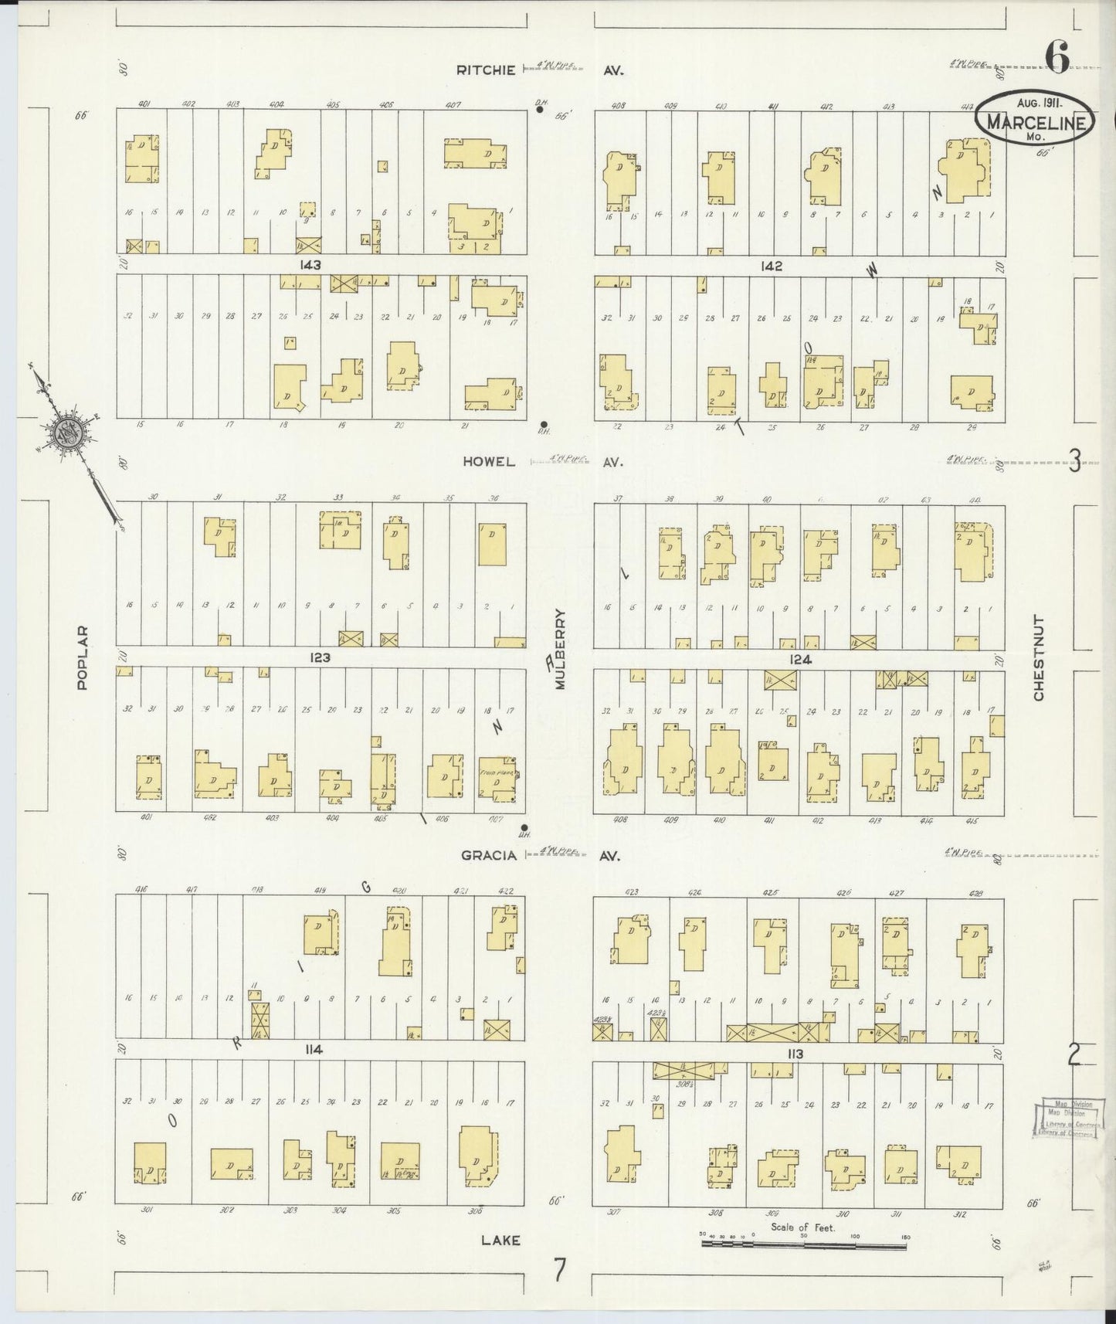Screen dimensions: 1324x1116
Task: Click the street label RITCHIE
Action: [485, 70]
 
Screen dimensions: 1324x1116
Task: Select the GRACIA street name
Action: [488, 855]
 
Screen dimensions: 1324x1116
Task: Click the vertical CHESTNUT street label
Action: [1039, 658]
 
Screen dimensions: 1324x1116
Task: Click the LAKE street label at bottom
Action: [500, 1241]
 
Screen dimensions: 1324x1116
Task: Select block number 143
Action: [311, 265]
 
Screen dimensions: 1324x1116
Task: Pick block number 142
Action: [771, 266]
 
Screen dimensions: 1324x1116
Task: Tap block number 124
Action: [801, 660]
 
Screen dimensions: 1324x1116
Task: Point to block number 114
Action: [313, 1050]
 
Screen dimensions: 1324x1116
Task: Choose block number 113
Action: [795, 1054]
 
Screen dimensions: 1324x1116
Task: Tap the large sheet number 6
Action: [1057, 57]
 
